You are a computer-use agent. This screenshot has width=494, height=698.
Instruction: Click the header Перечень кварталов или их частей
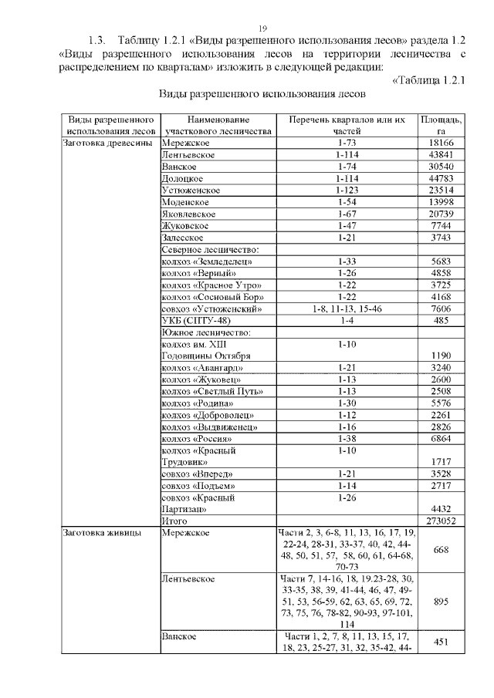tap(347, 126)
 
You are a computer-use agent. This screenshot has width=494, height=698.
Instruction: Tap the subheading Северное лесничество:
tap(209, 250)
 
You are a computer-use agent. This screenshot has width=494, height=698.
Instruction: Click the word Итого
tap(174, 521)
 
